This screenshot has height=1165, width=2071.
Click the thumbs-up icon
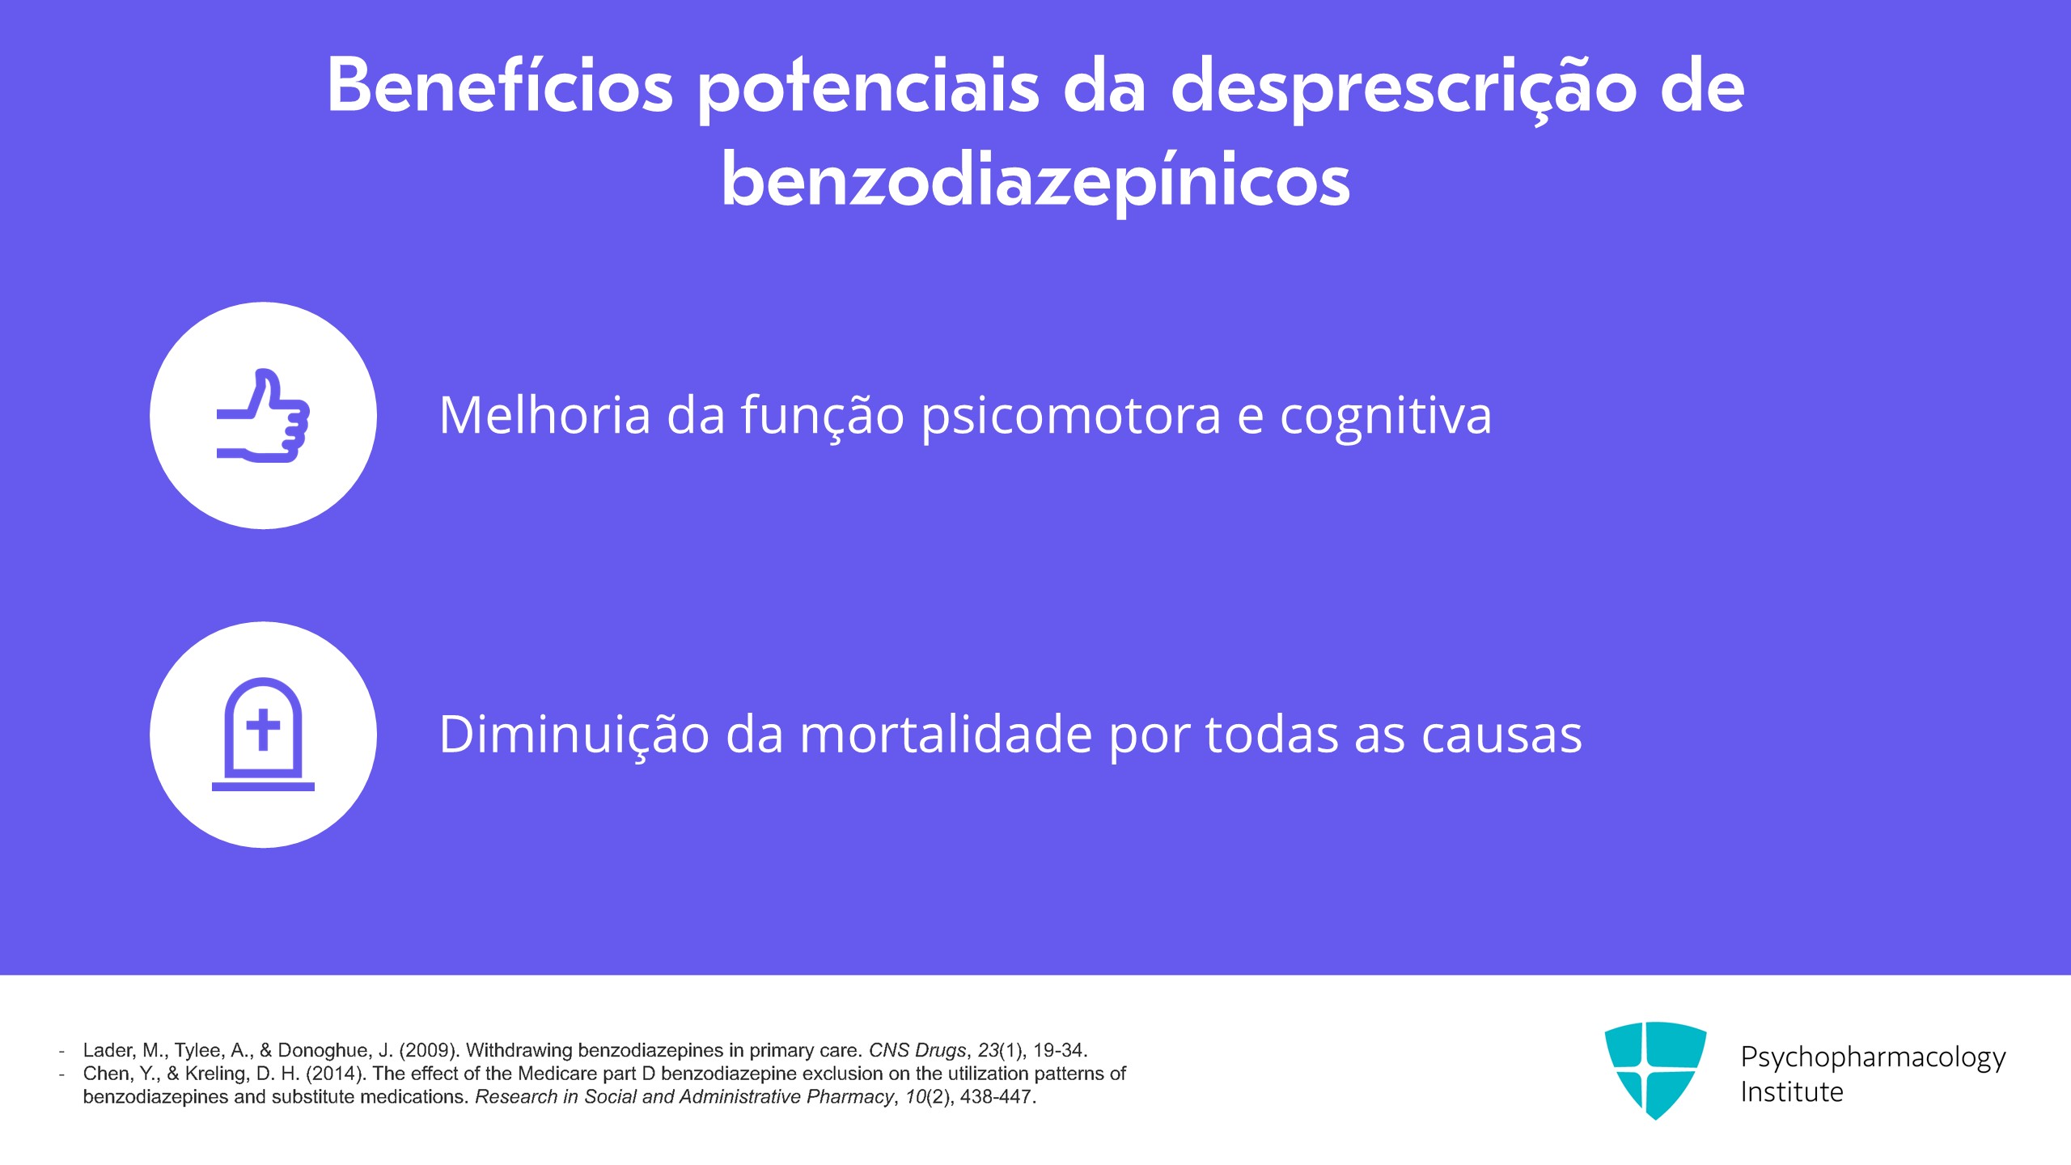263,416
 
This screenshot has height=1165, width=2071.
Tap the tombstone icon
263,734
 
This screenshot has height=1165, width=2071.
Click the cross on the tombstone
263,729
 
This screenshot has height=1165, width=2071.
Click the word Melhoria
545,415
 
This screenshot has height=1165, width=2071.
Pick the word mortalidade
946,734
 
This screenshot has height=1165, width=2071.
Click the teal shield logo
1655,1070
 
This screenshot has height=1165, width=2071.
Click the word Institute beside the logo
1792,1092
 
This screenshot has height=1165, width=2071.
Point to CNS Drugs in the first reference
917,1050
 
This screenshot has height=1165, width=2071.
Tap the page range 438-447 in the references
996,1097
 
